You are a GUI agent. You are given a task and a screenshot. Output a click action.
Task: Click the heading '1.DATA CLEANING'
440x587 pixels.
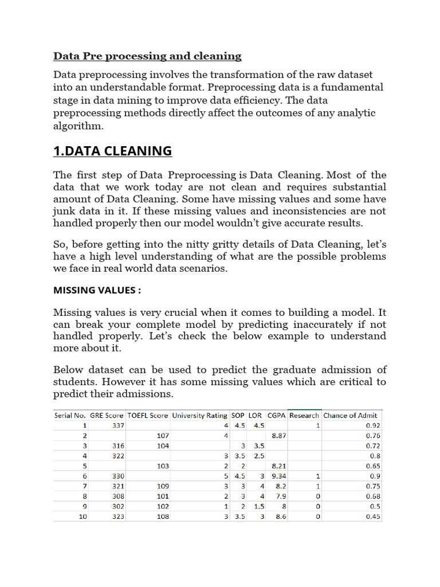pyautogui.click(x=112, y=151)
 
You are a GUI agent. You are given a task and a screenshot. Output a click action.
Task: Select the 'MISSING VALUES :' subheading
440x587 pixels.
pyautogui.click(x=97, y=290)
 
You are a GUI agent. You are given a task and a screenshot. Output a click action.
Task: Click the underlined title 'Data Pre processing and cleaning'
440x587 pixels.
pyautogui.click(x=147, y=56)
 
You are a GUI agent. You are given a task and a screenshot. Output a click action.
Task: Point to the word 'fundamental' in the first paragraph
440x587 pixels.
pyautogui.click(x=353, y=87)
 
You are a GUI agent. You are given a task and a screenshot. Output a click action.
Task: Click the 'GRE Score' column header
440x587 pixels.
pyautogui.click(x=107, y=415)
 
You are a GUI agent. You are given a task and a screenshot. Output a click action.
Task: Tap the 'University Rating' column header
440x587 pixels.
pyautogui.click(x=199, y=415)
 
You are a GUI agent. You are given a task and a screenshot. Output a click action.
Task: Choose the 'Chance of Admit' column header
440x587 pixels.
pyautogui.click(x=350, y=415)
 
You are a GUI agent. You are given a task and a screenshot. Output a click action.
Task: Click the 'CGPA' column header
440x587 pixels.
pyautogui.click(x=277, y=415)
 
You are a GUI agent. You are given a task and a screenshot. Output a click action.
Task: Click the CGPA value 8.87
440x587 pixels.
pyautogui.click(x=279, y=436)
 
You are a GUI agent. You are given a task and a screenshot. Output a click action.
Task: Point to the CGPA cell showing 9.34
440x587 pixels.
pyautogui.click(x=279, y=476)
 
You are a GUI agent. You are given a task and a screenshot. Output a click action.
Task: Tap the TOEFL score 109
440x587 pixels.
pyautogui.click(x=163, y=486)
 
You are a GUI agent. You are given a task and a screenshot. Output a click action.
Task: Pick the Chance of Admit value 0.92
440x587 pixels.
pyautogui.click(x=373, y=425)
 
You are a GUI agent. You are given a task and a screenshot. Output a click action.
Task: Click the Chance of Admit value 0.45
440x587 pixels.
pyautogui.click(x=373, y=516)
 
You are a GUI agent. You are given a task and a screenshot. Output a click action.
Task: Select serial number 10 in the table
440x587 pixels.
pyautogui.click(x=83, y=516)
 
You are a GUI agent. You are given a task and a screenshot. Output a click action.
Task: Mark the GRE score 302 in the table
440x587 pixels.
pyautogui.click(x=117, y=506)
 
